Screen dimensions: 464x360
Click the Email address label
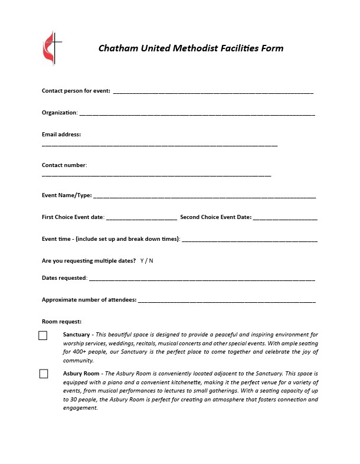click(61, 135)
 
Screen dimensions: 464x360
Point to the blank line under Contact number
click(156, 175)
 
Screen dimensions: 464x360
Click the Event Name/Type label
click(67, 195)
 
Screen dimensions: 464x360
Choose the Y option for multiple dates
click(142, 260)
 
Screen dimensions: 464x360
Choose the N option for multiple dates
click(151, 260)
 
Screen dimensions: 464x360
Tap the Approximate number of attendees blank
click(227, 301)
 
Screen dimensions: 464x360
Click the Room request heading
click(61, 322)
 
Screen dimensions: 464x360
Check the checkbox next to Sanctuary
click(43, 336)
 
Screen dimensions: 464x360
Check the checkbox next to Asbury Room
click(44, 374)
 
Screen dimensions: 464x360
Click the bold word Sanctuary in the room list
click(77, 335)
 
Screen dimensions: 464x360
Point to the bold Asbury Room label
click(81, 374)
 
